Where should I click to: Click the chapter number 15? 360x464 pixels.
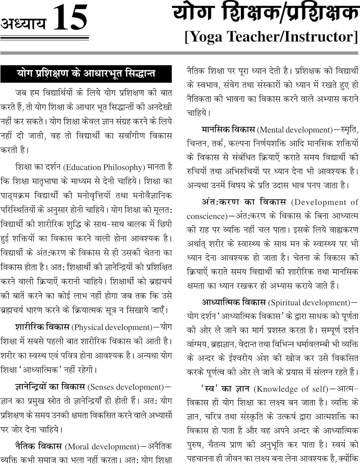coord(70,18)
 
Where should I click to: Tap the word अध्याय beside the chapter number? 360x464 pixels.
coord(24,24)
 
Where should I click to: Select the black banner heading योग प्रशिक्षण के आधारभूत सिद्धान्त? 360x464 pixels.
coord(86,74)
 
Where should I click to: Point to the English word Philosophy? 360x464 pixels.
coord(123,167)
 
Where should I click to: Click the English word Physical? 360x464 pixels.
coord(87,327)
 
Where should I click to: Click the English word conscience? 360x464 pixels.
coord(205,216)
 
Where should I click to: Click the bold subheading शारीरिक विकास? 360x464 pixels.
coord(42,327)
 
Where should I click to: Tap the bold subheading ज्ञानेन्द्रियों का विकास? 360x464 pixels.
coord(50,387)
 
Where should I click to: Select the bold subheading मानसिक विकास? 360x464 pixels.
coord(228,130)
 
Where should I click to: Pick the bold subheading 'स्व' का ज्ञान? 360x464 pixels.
coord(225,389)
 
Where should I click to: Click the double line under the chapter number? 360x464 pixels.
coord(45,38)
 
